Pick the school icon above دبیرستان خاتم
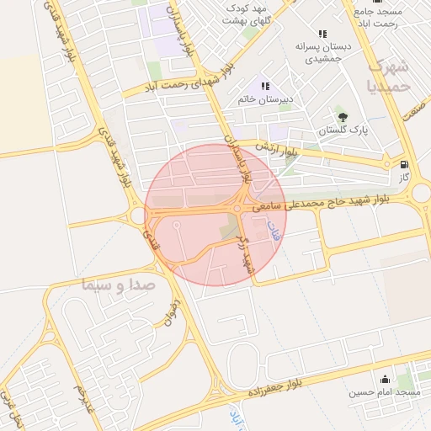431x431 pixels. pyautogui.click(x=265, y=85)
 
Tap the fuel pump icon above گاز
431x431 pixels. pyautogui.click(x=407, y=165)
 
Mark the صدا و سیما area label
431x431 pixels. pyautogui.click(x=119, y=285)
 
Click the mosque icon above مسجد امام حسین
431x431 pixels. pyautogui.click(x=386, y=379)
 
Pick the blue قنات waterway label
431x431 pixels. pyautogui.click(x=272, y=230)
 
